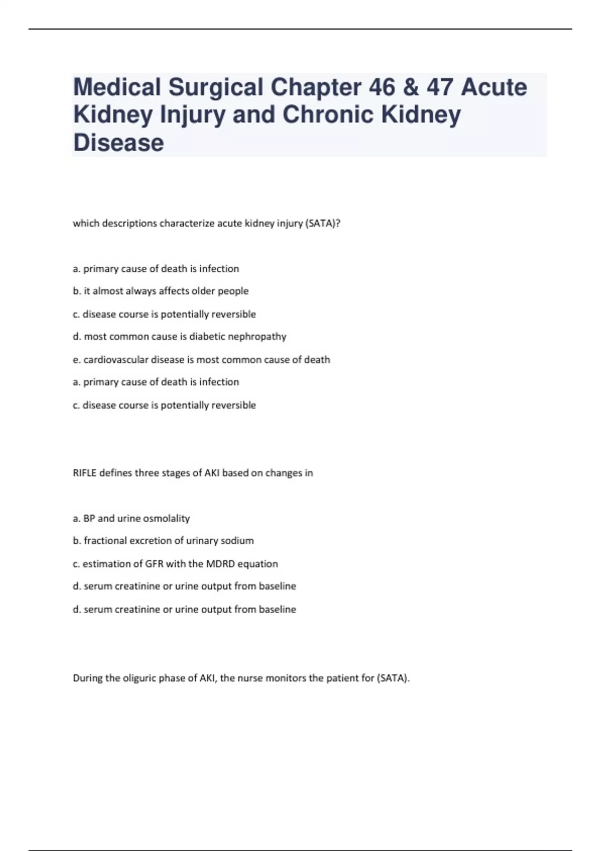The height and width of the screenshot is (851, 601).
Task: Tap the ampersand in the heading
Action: tap(411, 87)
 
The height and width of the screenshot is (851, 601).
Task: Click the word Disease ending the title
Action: tap(119, 142)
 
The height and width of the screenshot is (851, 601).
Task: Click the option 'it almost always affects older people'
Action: tap(166, 291)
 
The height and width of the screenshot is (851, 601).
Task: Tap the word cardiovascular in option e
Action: tap(116, 359)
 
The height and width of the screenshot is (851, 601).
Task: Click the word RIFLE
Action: tap(85, 473)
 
